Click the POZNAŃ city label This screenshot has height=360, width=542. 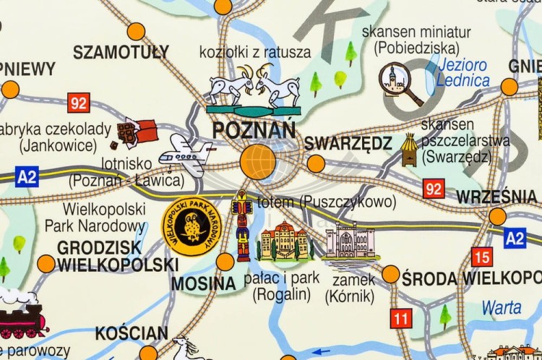click(254, 130)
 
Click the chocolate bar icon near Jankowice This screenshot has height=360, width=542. click(137, 131)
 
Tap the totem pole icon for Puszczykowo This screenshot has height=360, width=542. click(243, 226)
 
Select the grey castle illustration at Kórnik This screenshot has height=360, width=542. click(350, 241)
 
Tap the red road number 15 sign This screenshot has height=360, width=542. click(481, 257)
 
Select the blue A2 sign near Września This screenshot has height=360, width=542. click(515, 238)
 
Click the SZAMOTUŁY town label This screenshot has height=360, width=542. click(121, 52)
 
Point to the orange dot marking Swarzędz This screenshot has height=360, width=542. click(316, 164)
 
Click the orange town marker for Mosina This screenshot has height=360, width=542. click(225, 262)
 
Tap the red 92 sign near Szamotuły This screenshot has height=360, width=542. click(79, 103)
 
